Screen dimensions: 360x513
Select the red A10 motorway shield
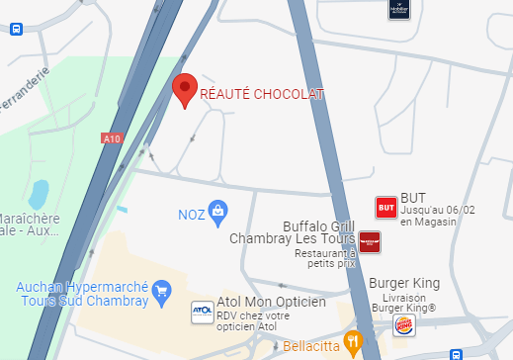(x=111, y=140)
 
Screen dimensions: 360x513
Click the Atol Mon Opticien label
(x=271, y=303)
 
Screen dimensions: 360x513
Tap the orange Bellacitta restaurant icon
(x=352, y=343)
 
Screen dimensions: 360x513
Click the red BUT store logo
(x=386, y=208)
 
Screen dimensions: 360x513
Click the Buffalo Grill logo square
(x=370, y=242)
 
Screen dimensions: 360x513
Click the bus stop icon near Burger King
(x=456, y=354)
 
